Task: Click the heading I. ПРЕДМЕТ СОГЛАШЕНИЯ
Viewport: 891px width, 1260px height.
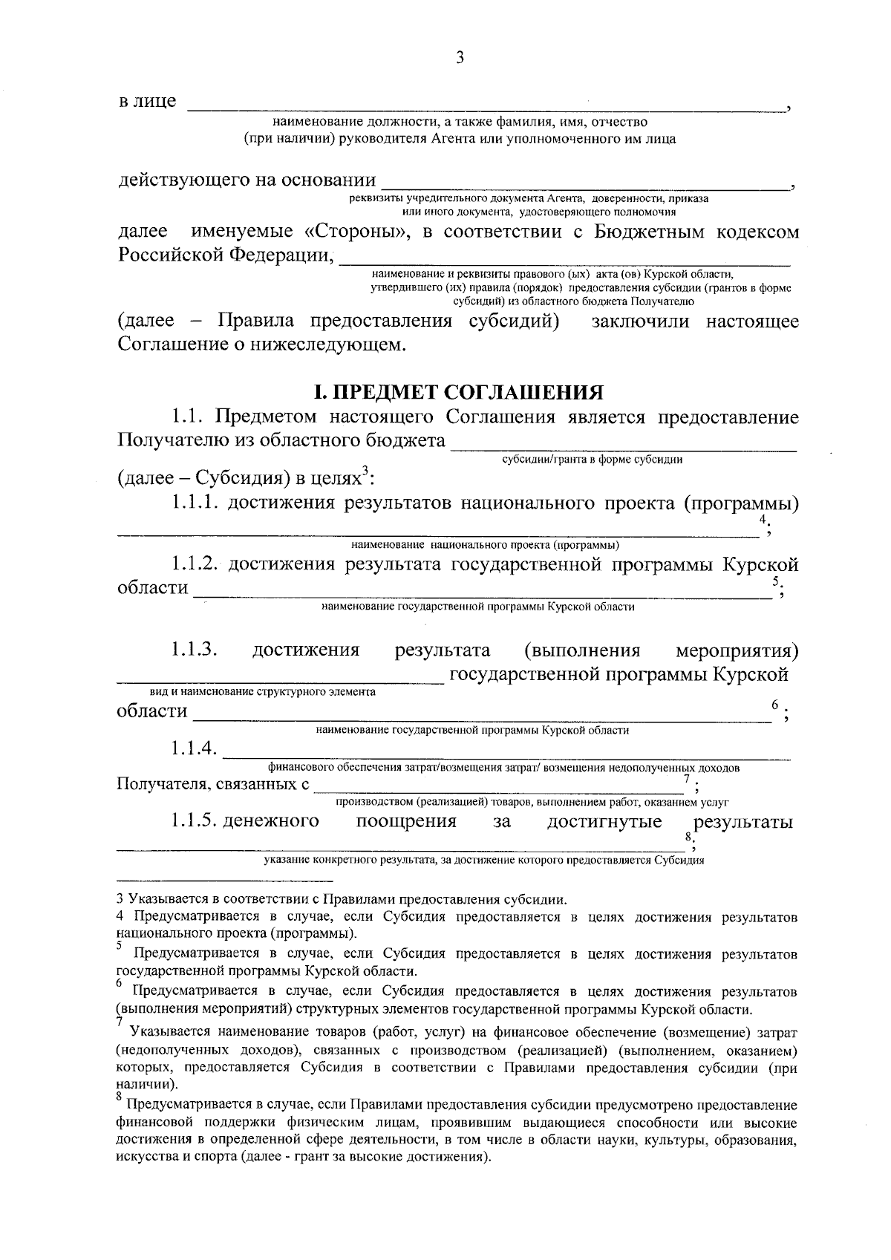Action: (458, 392)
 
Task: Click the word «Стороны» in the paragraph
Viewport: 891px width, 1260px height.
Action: (356, 232)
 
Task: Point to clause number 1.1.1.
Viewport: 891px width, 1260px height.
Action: (195, 503)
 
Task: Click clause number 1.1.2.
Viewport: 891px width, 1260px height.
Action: (195, 565)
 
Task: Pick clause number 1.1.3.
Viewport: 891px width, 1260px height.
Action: (194, 650)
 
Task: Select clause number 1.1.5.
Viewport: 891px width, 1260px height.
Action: (194, 821)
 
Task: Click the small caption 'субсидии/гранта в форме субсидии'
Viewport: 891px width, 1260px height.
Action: (592, 459)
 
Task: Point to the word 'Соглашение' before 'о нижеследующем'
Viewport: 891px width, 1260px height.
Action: (170, 345)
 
